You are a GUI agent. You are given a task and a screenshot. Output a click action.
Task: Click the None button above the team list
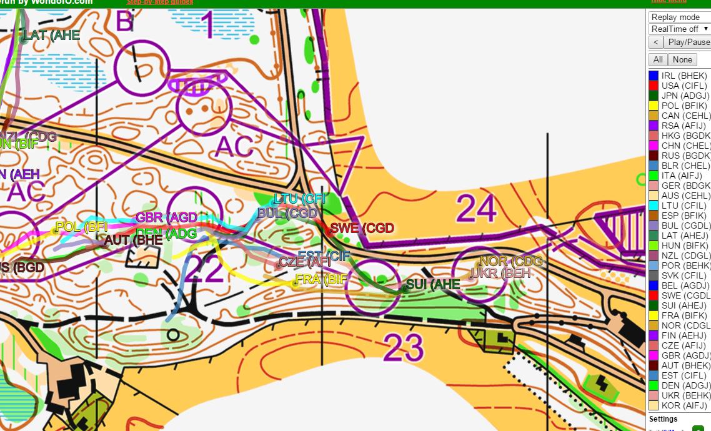click(x=682, y=59)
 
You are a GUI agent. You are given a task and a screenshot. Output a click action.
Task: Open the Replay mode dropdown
click(x=680, y=17)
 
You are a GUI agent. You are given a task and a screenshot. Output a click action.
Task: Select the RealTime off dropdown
click(x=680, y=29)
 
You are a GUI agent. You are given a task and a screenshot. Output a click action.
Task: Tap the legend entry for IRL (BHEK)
click(x=684, y=76)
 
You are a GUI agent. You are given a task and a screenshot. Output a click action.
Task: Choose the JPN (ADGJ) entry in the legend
click(x=685, y=96)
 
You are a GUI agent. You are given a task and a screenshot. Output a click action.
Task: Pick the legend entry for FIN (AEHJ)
click(x=685, y=335)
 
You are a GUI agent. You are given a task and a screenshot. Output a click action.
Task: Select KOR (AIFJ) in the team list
click(x=685, y=405)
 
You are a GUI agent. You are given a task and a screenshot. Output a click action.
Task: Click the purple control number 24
click(x=477, y=209)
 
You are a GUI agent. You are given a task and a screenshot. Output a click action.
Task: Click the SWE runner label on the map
click(x=362, y=228)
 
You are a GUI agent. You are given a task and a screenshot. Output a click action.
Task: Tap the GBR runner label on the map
click(x=166, y=217)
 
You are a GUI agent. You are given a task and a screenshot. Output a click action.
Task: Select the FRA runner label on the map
click(x=321, y=279)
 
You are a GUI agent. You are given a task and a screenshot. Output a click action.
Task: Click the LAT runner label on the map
click(x=51, y=36)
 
